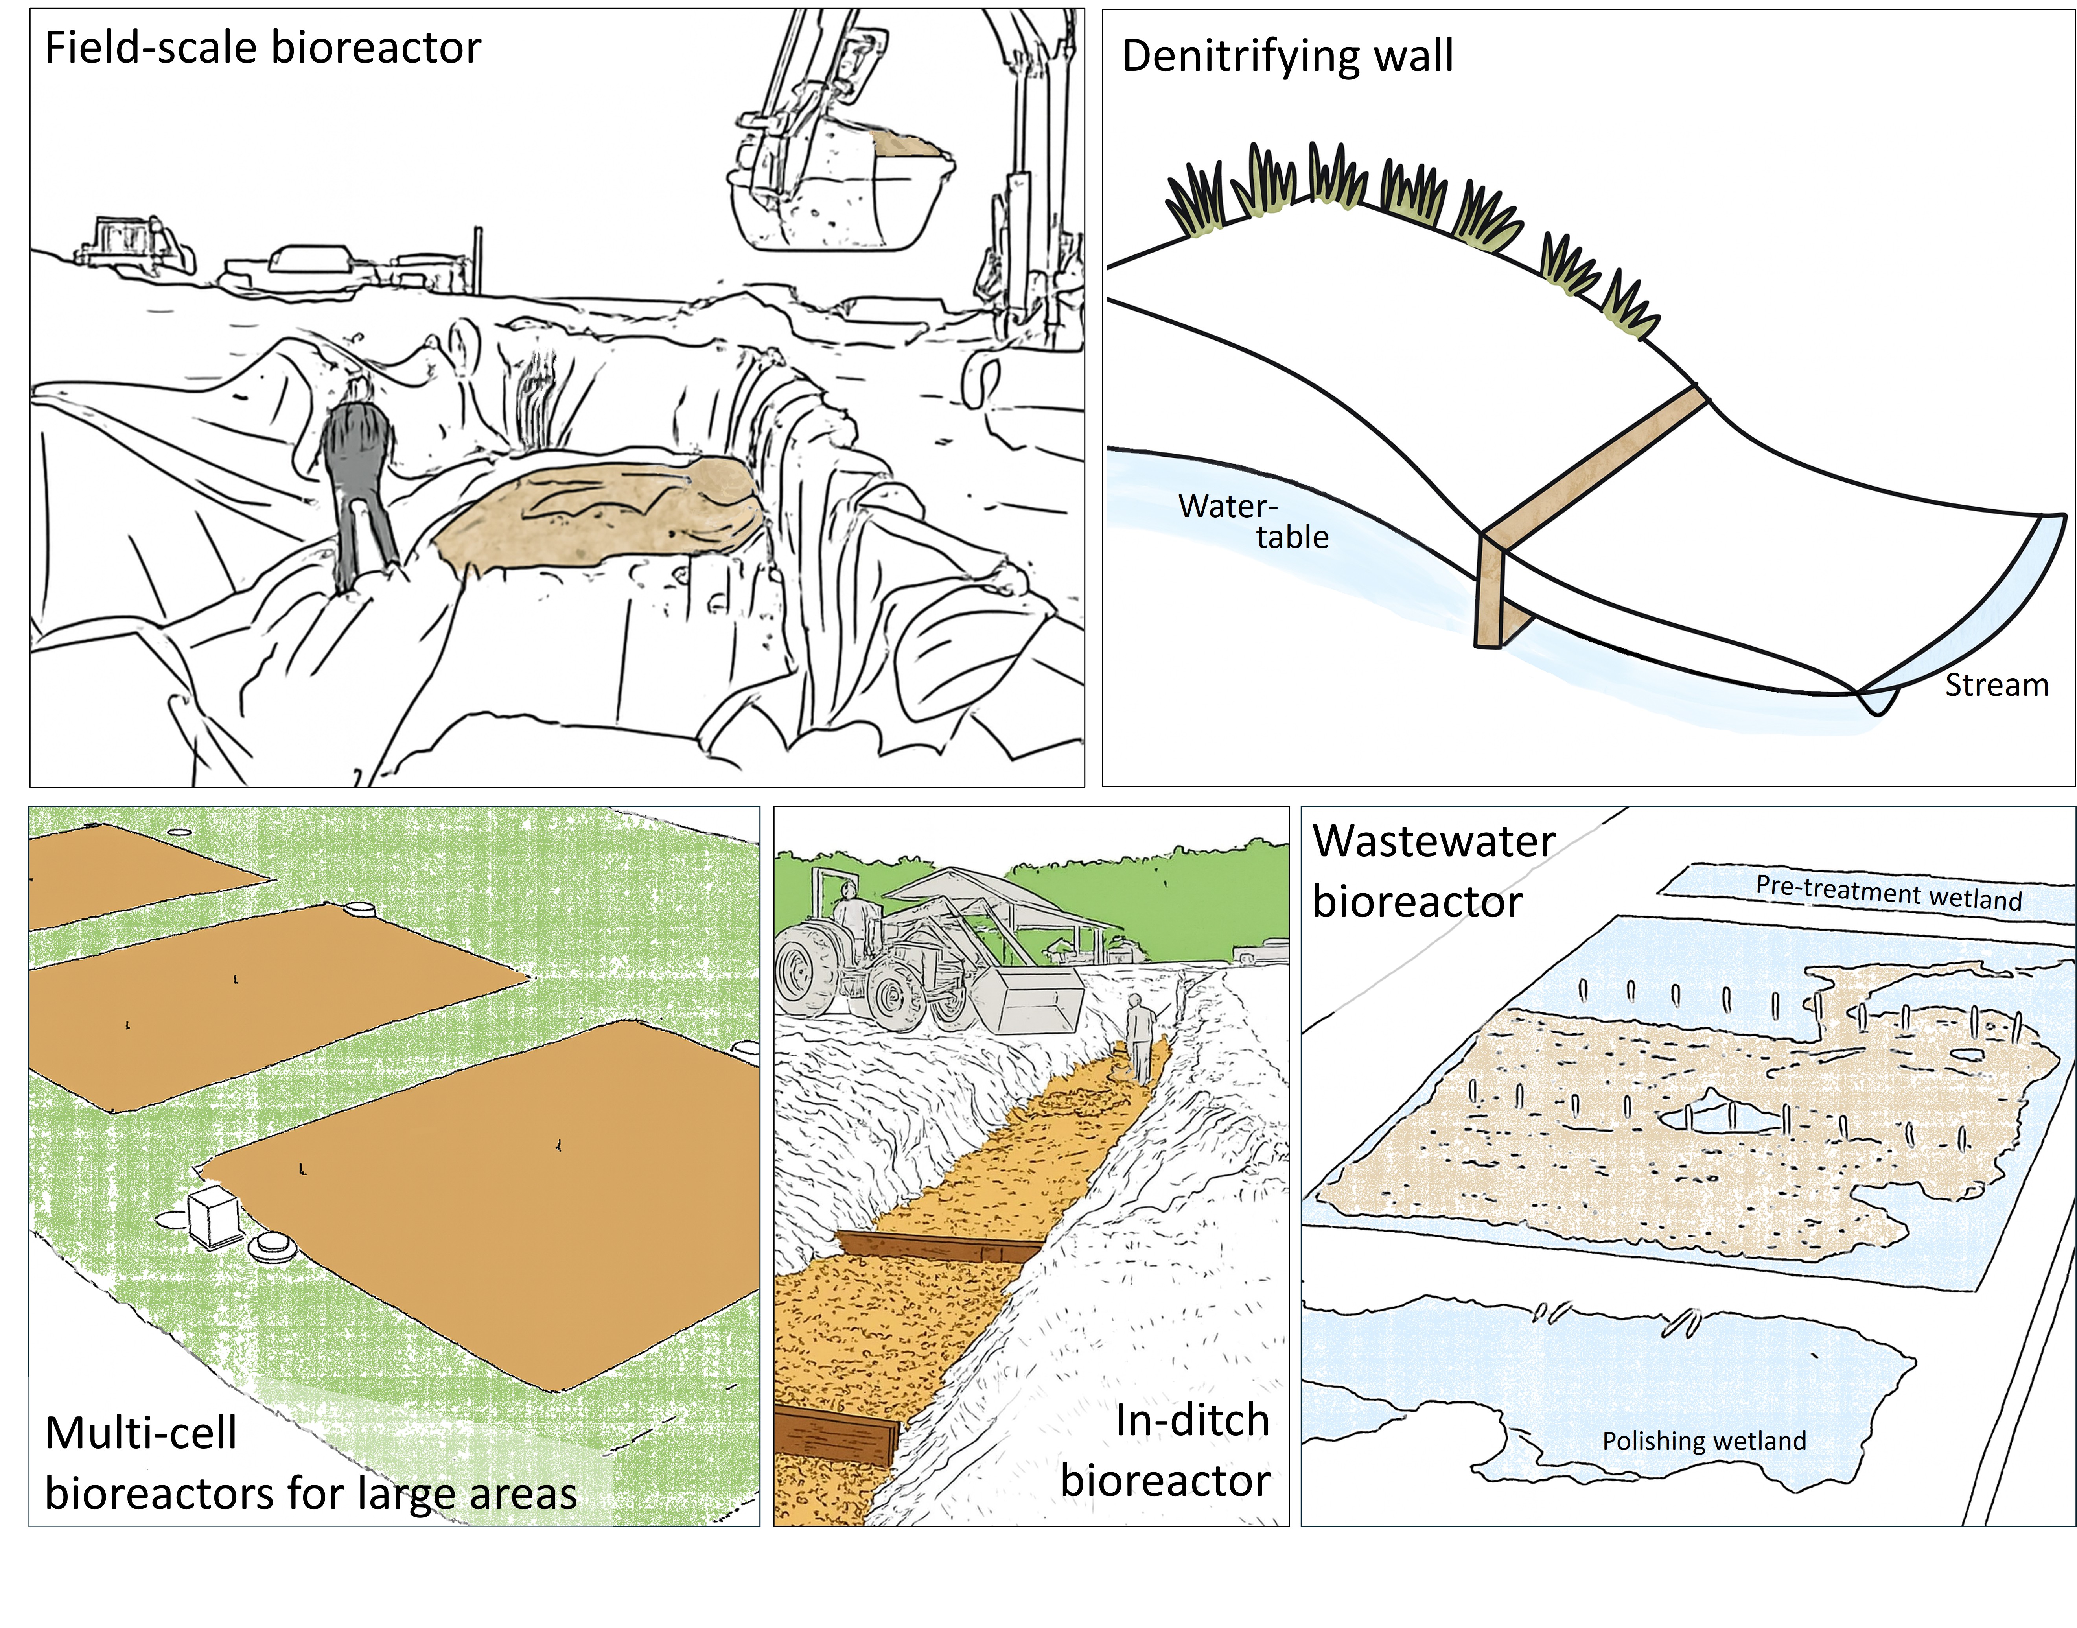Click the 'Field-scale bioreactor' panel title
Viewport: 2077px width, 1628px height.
click(263, 48)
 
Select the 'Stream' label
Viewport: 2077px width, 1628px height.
click(1996, 685)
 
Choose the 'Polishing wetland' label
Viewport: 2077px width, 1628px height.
click(1703, 1440)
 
